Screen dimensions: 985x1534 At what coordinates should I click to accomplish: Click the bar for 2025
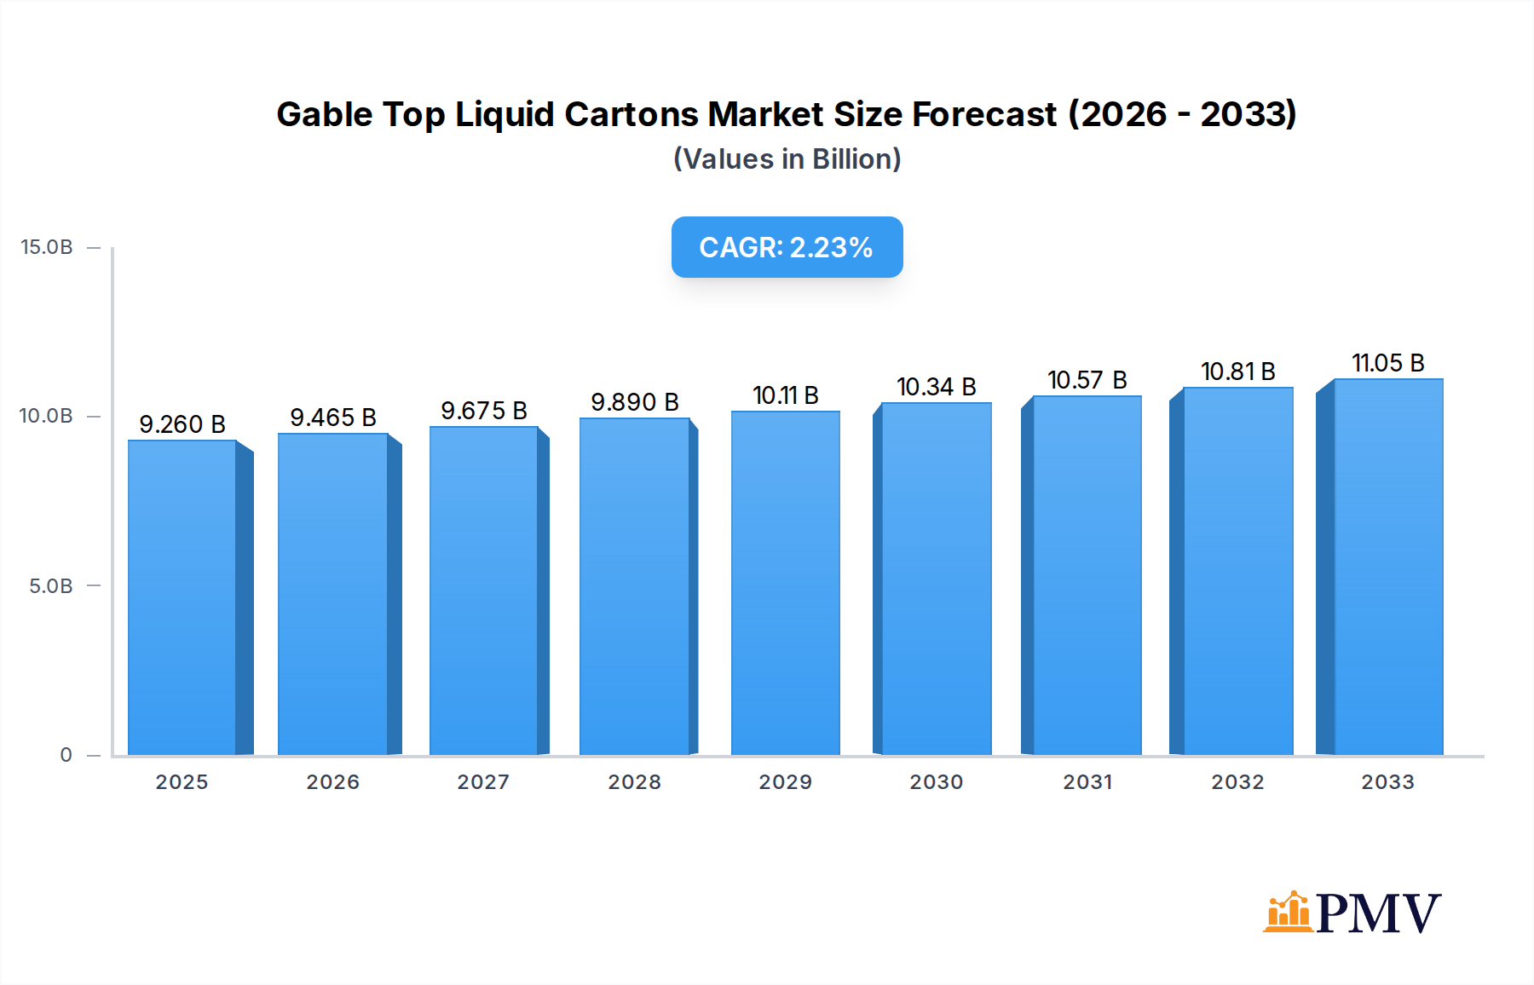pyautogui.click(x=182, y=596)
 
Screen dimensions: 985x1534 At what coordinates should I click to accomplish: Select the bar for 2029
pyautogui.click(x=785, y=584)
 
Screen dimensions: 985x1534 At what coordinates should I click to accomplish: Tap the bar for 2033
pyautogui.click(x=1388, y=567)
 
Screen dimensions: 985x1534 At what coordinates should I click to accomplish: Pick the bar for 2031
pyautogui.click(x=1087, y=575)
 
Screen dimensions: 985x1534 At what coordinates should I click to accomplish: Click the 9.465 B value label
pyautogui.click(x=333, y=418)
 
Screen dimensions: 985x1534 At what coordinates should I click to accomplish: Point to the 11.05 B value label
pyautogui.click(x=1388, y=363)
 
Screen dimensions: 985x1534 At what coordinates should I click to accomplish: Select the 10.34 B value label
pyautogui.click(x=936, y=387)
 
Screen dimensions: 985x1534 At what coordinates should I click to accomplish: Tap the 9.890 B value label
pyautogui.click(x=635, y=402)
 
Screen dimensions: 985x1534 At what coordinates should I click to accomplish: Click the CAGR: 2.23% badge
pyautogui.click(x=787, y=247)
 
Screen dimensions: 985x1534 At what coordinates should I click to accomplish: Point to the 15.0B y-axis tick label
pyautogui.click(x=47, y=247)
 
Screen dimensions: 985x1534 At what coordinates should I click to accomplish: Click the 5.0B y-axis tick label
pyautogui.click(x=51, y=586)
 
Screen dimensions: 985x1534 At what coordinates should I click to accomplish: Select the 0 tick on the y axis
pyautogui.click(x=66, y=755)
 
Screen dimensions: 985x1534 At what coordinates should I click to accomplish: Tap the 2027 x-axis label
pyautogui.click(x=483, y=782)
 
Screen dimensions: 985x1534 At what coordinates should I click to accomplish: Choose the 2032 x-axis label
pyautogui.click(x=1237, y=782)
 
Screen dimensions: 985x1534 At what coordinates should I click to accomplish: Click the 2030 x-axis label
pyautogui.click(x=936, y=782)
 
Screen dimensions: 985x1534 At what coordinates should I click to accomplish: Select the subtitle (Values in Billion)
pyautogui.click(x=787, y=159)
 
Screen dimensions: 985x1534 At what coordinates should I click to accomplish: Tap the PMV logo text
pyautogui.click(x=1378, y=913)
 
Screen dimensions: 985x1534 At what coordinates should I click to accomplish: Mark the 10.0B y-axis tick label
pyautogui.click(x=47, y=416)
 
